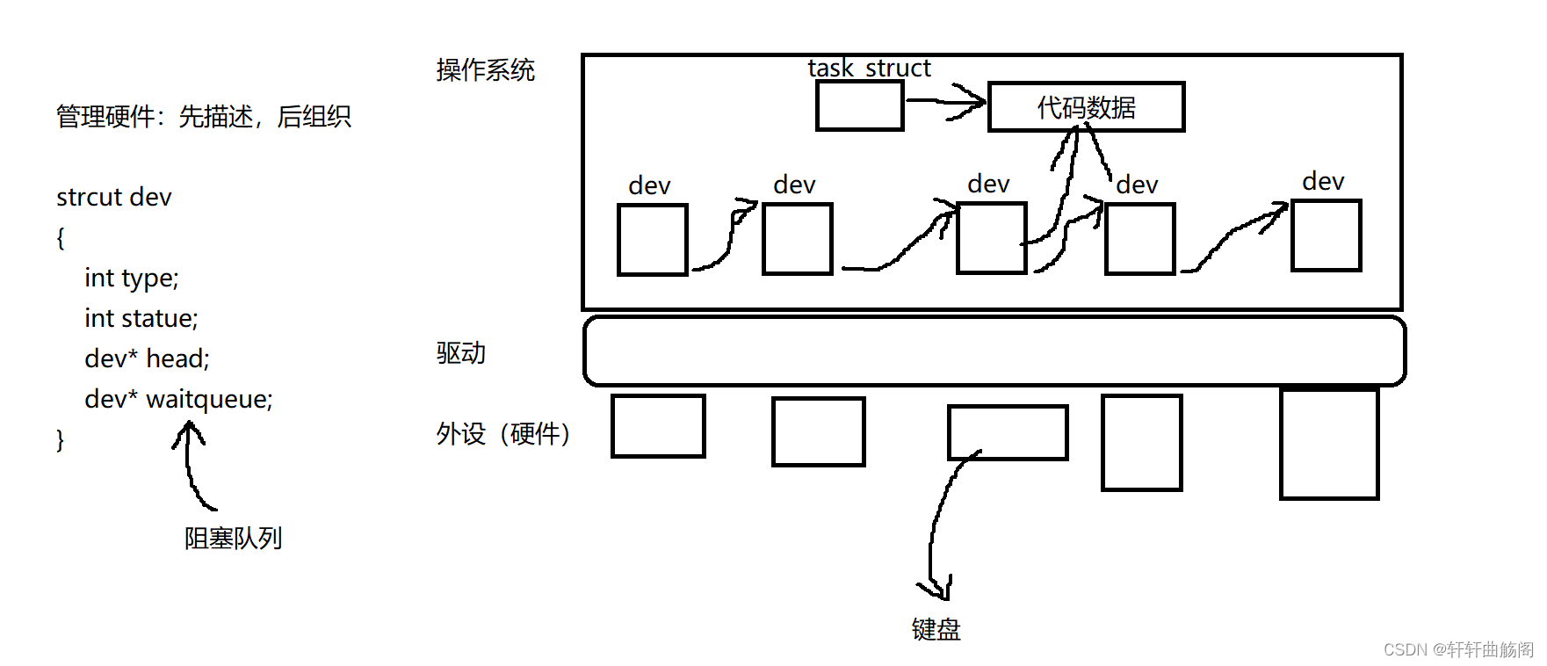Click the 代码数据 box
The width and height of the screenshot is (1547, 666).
tap(1086, 107)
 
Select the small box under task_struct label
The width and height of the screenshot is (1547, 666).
tap(859, 105)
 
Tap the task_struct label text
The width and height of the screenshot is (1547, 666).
tap(869, 68)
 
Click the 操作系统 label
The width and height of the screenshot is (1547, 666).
tap(485, 70)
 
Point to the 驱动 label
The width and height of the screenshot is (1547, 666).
tap(460, 353)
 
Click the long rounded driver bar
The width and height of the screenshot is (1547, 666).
tap(994, 351)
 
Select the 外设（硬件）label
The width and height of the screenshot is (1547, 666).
tap(502, 433)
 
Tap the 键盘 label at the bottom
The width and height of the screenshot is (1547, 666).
tap(936, 629)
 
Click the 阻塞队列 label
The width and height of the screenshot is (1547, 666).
tap(233, 538)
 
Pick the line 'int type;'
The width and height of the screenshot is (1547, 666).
tap(131, 278)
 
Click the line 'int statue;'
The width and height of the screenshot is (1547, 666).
tap(141, 318)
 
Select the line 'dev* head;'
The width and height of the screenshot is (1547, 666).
tap(147, 358)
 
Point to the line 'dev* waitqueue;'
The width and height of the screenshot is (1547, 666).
tap(178, 399)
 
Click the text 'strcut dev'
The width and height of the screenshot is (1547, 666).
tap(113, 197)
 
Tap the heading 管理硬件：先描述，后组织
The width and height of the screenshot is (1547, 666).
tap(203, 116)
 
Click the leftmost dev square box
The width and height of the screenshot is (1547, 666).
tap(652, 239)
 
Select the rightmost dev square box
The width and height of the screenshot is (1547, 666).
tap(1326, 235)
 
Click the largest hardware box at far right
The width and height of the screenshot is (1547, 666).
tap(1328, 444)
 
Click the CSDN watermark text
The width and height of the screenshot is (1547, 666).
tap(1457, 649)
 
